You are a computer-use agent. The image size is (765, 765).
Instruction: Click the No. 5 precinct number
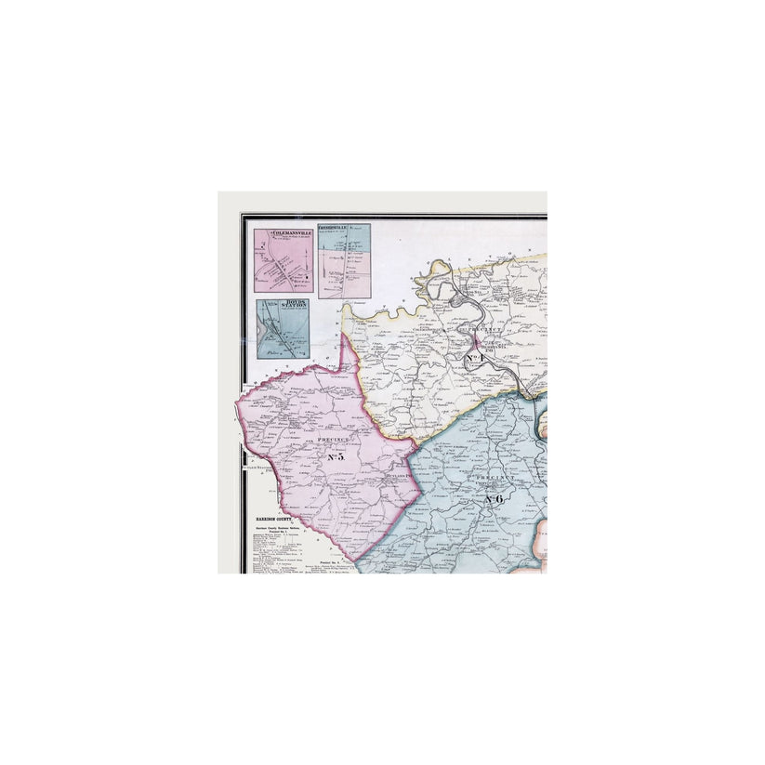(x=336, y=456)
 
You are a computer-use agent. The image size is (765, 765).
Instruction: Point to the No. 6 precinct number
(x=494, y=499)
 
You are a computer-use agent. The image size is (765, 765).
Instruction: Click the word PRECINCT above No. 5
(x=332, y=438)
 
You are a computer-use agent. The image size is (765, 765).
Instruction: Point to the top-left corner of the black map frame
(x=243, y=216)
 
